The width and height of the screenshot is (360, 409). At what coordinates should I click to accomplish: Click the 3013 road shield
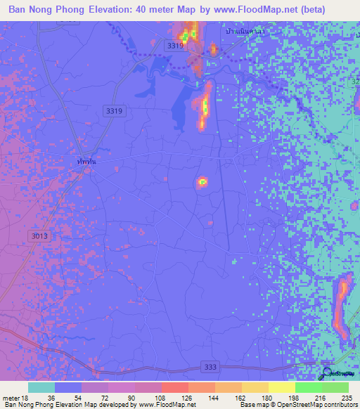[x=39, y=236]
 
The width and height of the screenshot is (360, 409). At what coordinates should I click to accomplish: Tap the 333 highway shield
[x=210, y=367]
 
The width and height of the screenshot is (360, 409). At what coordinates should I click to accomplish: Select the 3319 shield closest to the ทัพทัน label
[x=112, y=110]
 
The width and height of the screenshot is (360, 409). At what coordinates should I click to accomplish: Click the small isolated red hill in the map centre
[x=202, y=182]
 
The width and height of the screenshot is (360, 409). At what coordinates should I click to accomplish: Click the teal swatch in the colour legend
[x=41, y=387]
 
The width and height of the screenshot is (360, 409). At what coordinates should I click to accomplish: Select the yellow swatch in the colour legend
[x=281, y=387]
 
